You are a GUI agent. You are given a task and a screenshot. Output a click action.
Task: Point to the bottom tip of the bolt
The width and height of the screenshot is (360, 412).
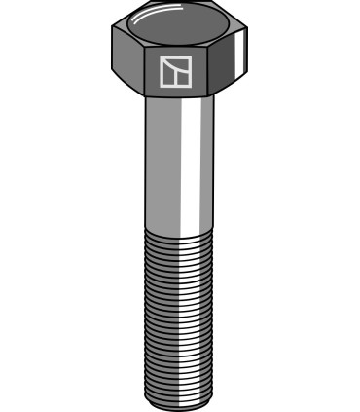tap(179, 401)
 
